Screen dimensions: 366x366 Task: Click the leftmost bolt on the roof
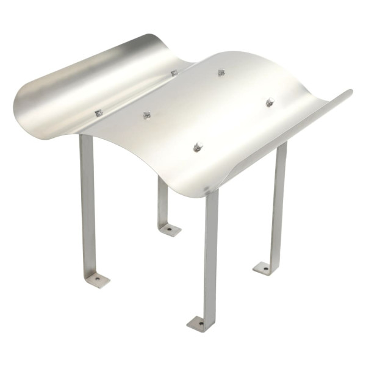98,113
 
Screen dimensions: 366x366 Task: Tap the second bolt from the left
147,114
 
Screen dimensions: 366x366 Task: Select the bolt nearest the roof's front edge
198,147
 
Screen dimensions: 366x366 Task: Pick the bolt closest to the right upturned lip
270,102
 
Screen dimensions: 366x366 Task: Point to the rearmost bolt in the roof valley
174,73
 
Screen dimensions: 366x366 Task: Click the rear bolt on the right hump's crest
221,72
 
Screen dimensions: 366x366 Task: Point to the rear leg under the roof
163,201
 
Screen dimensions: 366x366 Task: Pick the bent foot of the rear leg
170,230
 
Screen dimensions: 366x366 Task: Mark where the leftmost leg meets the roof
86,137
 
